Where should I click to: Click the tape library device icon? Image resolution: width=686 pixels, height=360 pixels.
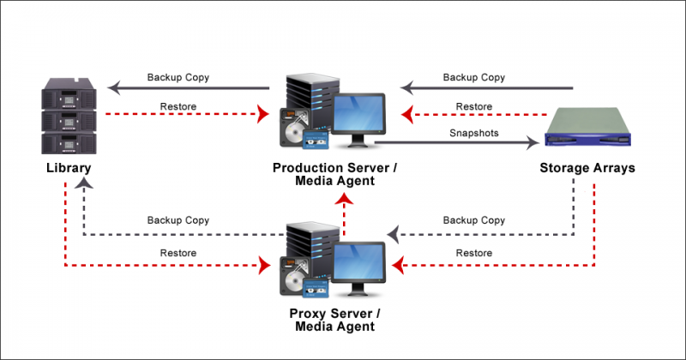pyautogui.click(x=68, y=115)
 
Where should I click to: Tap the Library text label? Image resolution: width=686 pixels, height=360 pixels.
pyautogui.click(x=68, y=168)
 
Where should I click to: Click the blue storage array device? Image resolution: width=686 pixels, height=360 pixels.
pyautogui.click(x=592, y=129)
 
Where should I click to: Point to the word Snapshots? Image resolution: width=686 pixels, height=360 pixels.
pyautogui.click(x=474, y=134)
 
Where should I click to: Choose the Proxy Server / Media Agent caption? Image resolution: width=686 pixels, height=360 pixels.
pyautogui.click(x=335, y=319)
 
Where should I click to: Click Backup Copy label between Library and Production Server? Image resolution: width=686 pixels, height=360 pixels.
pyautogui.click(x=178, y=77)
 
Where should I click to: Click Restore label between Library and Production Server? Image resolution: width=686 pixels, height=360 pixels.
pyautogui.click(x=178, y=106)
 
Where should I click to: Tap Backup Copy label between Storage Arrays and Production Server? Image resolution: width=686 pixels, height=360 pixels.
pyautogui.click(x=473, y=77)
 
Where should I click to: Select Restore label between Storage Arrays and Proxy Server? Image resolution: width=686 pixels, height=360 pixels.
pyautogui.click(x=473, y=253)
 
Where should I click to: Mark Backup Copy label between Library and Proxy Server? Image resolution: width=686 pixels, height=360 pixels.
pyautogui.click(x=178, y=220)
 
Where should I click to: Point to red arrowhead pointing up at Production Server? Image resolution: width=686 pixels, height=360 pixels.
pyautogui.click(x=344, y=200)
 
